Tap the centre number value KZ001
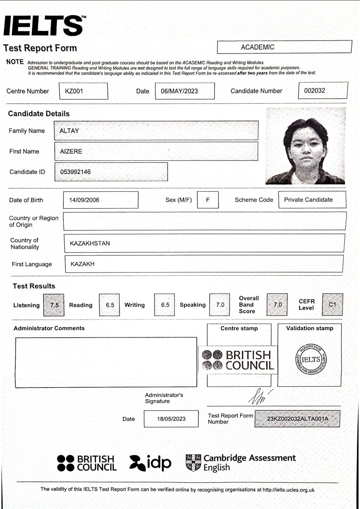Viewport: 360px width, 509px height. (74, 91)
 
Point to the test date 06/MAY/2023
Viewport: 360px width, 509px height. (179, 91)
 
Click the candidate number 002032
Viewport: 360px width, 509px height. (315, 91)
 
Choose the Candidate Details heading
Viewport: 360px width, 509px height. (39, 114)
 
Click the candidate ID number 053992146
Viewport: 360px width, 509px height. (76, 172)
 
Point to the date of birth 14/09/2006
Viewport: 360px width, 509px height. (84, 200)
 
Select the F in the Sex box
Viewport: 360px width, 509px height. (208, 200)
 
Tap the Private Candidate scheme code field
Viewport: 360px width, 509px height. (308, 200)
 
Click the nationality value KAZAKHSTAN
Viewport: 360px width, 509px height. (90, 243)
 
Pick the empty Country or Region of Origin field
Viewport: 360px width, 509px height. (204, 221)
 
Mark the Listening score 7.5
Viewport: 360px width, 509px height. (54, 305)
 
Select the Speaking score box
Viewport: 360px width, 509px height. (220, 305)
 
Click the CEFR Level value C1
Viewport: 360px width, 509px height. (332, 305)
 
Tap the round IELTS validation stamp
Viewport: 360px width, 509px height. (311, 359)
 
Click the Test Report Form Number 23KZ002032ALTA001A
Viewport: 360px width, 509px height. (297, 419)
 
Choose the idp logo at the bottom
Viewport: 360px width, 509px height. (150, 462)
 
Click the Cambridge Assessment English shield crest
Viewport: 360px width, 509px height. (193, 462)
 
